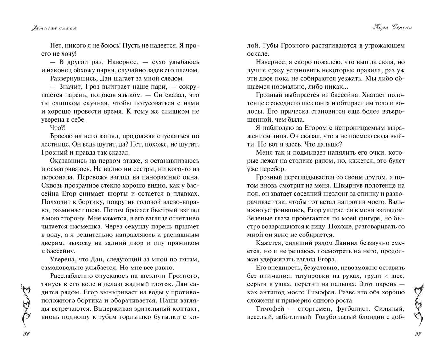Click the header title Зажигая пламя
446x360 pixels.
coord(54,28)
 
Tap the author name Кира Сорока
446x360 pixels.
coord(393,27)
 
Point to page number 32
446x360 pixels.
coord(26,334)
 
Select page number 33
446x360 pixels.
coord(418,334)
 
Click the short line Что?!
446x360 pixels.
coord(58,127)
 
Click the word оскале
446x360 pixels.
coord(258,54)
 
